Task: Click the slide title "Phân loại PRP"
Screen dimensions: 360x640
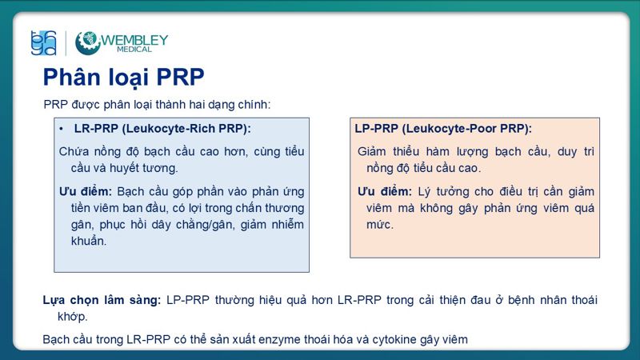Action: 123,77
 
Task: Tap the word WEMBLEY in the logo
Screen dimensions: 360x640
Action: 134,38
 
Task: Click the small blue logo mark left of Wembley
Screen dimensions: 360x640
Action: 42,42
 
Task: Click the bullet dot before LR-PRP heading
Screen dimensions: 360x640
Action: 62,128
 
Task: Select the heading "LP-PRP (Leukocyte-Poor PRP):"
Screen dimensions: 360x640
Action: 443,128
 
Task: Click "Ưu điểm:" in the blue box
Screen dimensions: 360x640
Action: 86,191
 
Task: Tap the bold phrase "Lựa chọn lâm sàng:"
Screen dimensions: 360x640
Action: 102,300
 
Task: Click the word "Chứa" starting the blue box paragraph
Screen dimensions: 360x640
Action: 74,151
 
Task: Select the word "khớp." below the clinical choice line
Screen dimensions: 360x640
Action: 72,316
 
